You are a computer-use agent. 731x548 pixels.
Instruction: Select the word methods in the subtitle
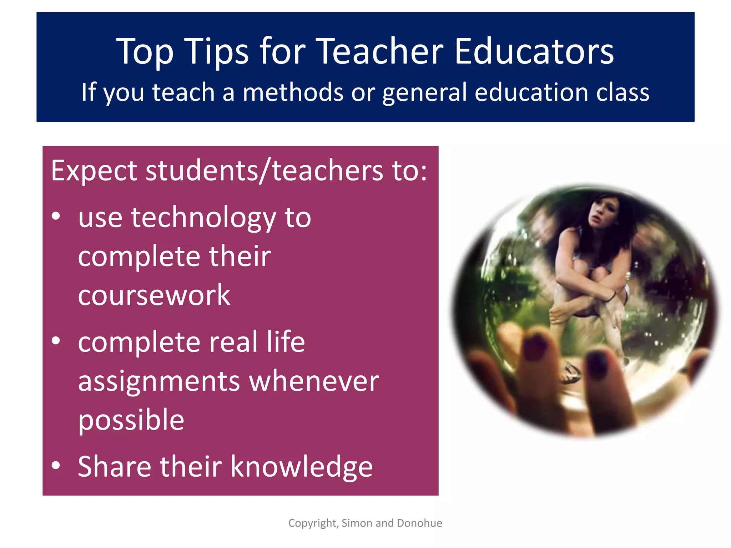(x=293, y=92)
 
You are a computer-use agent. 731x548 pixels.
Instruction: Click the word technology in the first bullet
(x=203, y=218)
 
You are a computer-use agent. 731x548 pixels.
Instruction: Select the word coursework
(x=154, y=295)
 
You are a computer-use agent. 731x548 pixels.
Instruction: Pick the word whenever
(x=314, y=381)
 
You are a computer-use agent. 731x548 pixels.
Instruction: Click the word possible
(x=131, y=420)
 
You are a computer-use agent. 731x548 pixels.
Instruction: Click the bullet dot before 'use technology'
(x=56, y=216)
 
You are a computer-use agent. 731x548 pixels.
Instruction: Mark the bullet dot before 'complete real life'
(x=56, y=341)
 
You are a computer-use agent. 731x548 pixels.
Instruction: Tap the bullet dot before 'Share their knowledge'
(x=56, y=465)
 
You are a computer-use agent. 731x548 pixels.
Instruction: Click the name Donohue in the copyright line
(x=419, y=523)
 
